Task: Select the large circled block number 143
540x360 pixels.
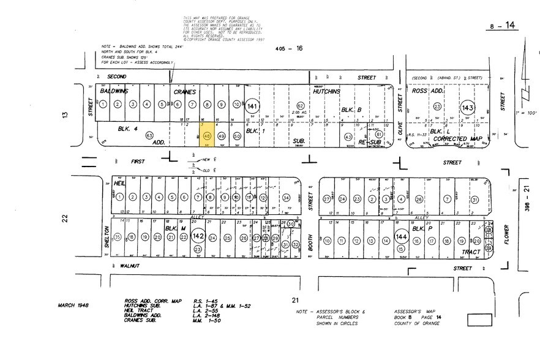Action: point(468,107)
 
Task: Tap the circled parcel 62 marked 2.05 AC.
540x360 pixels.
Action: point(300,106)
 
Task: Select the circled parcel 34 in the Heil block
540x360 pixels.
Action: point(286,197)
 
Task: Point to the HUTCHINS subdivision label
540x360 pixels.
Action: point(326,91)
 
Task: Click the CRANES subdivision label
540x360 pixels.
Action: point(183,91)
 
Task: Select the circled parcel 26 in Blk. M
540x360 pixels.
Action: point(244,238)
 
